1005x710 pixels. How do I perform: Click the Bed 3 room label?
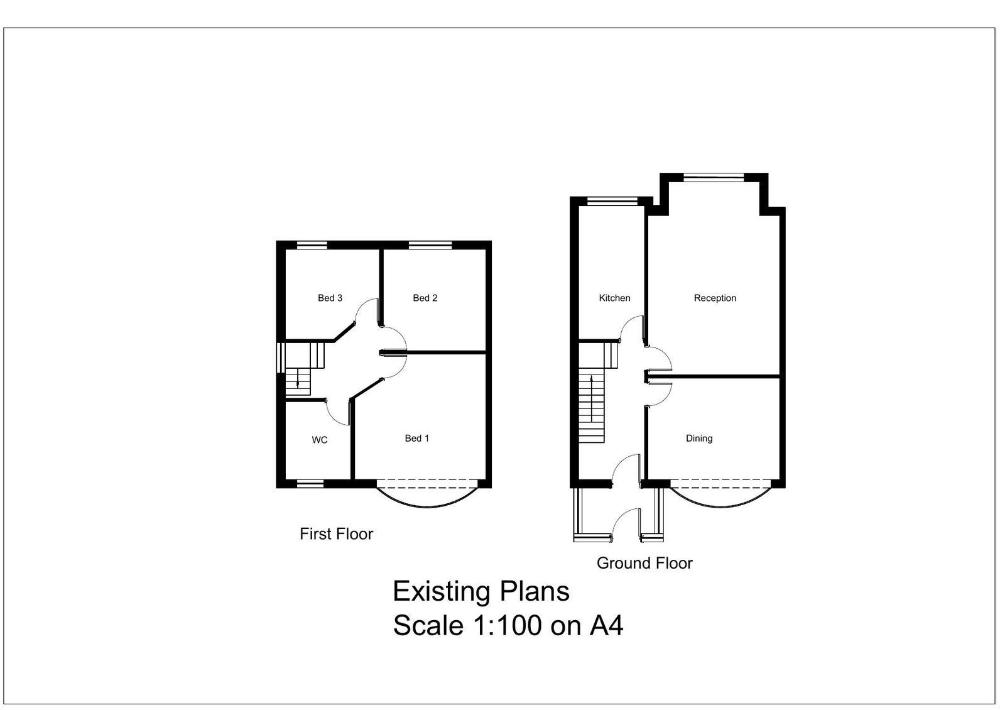pyautogui.click(x=330, y=298)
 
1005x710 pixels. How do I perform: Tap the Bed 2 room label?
pyautogui.click(x=425, y=298)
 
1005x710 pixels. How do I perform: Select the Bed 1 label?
pyautogui.click(x=417, y=439)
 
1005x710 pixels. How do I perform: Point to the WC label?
pyautogui.click(x=320, y=440)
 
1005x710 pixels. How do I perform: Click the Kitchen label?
pyautogui.click(x=614, y=298)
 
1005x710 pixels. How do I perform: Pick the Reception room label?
pyautogui.click(x=715, y=298)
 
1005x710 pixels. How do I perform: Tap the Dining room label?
pyautogui.click(x=699, y=439)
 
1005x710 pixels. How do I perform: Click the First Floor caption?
pyautogui.click(x=336, y=534)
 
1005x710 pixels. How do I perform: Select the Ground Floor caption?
pyautogui.click(x=644, y=563)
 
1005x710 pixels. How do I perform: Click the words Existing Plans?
pyautogui.click(x=481, y=591)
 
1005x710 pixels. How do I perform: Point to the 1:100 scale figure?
pyautogui.click(x=508, y=625)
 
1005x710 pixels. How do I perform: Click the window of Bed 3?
pyautogui.click(x=312, y=245)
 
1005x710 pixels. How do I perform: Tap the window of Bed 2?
pyautogui.click(x=430, y=245)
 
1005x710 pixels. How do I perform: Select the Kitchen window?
pyautogui.click(x=612, y=202)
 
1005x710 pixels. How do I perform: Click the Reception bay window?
pyautogui.click(x=714, y=178)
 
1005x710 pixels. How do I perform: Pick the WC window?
pyautogui.click(x=310, y=484)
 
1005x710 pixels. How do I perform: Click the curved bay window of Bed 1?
pyautogui.click(x=427, y=506)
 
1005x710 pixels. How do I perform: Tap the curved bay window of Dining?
pyautogui.click(x=721, y=506)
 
